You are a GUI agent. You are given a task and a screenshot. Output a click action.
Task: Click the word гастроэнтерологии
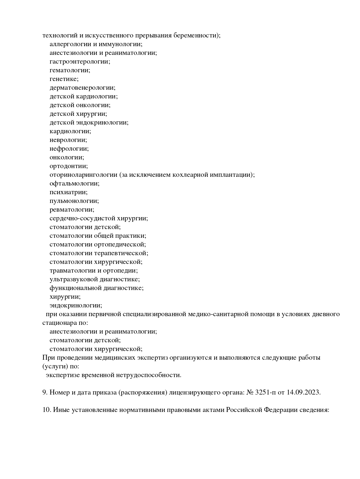point(80,62)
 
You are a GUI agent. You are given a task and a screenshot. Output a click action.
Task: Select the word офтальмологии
point(74,183)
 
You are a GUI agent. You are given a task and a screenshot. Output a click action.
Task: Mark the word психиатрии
point(69,192)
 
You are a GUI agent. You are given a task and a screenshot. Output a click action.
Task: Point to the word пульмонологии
point(74,201)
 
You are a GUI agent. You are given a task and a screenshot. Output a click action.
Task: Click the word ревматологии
point(72,210)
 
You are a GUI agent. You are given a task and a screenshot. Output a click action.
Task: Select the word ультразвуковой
point(74,279)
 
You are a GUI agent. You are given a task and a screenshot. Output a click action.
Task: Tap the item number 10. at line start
point(47,410)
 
